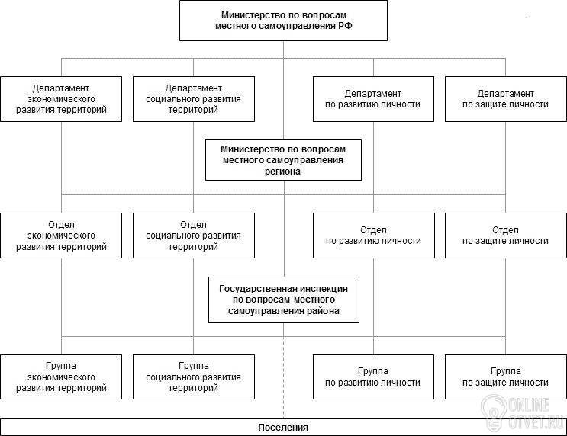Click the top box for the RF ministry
(283, 21)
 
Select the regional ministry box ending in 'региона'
(283, 160)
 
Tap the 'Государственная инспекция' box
(284, 300)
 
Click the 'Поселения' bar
(284, 428)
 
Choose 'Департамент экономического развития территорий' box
(61, 99)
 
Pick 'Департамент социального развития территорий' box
(194, 99)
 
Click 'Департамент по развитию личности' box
(373, 99)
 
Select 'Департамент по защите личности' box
(505, 99)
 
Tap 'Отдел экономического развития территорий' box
(61, 236)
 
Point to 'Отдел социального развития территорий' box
(194, 236)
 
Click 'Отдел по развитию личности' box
(373, 236)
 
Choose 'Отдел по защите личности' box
(505, 236)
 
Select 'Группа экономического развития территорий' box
(61, 377)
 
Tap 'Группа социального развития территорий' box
(194, 377)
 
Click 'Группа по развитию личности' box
(373, 377)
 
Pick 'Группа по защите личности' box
(505, 377)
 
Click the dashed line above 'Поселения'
(284, 377)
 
